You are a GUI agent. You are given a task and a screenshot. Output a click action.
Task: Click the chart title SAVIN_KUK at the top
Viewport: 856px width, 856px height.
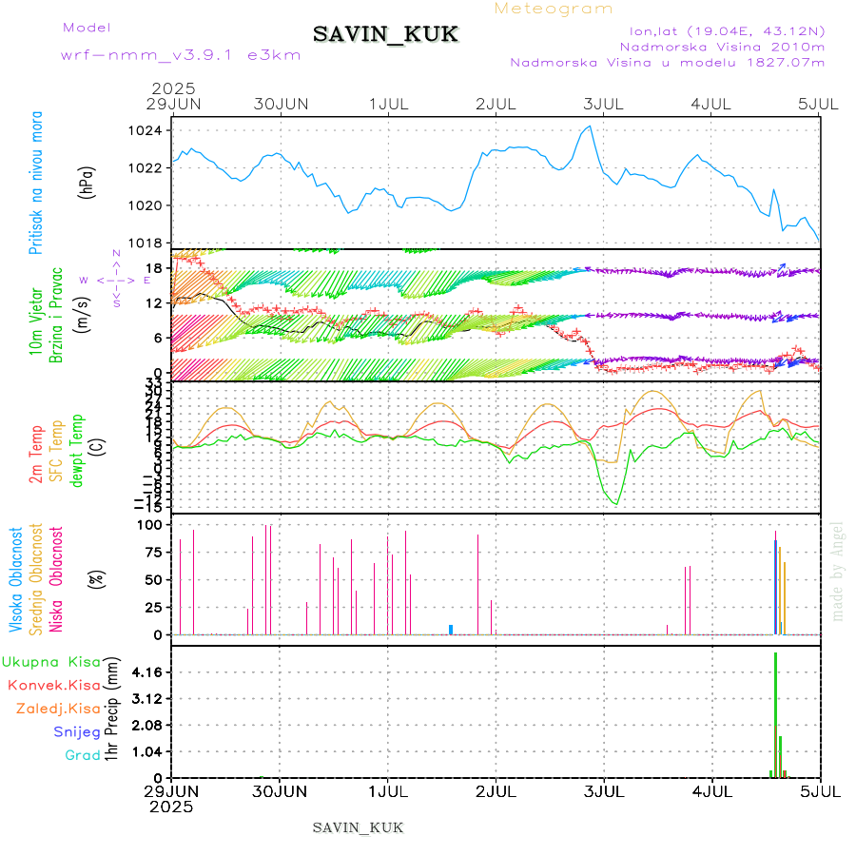pyautogui.click(x=386, y=35)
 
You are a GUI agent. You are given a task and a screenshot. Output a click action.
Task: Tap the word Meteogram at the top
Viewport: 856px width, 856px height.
pyautogui.click(x=554, y=9)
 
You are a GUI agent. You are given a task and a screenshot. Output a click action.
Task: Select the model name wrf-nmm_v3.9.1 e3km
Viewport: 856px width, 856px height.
pyautogui.click(x=181, y=55)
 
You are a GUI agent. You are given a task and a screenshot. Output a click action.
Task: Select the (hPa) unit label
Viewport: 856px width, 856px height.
pyautogui.click(x=87, y=182)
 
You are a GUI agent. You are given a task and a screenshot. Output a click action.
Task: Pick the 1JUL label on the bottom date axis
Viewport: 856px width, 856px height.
pyautogui.click(x=388, y=791)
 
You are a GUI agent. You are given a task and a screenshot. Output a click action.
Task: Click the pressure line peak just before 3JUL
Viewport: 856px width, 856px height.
pyautogui.click(x=591, y=126)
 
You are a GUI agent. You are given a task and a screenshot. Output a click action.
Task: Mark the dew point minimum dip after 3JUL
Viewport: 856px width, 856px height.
pyautogui.click(x=616, y=504)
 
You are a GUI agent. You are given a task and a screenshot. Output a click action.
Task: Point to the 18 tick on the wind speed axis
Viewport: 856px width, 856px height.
pyautogui.click(x=151, y=270)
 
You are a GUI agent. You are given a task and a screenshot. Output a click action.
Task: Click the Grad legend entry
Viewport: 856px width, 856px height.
pyautogui.click(x=83, y=755)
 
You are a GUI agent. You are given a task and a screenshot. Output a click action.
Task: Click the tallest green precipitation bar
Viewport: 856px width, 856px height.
pyautogui.click(x=775, y=713)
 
